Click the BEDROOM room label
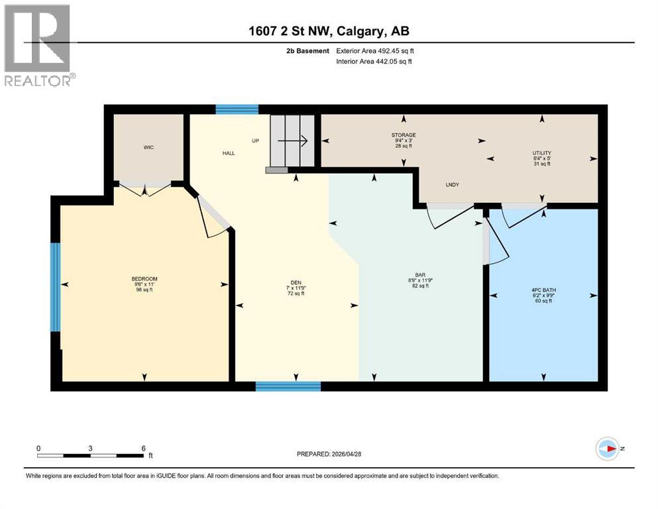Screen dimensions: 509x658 144,279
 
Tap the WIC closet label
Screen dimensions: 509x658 149,147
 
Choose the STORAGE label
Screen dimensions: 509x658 403,135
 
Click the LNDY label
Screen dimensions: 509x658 453,185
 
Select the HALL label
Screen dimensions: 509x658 229,153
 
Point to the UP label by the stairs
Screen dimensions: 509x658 255,141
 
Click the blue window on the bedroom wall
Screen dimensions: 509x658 56,287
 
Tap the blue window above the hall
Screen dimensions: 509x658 237,110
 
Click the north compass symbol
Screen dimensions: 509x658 607,448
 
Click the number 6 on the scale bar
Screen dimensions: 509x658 143,447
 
